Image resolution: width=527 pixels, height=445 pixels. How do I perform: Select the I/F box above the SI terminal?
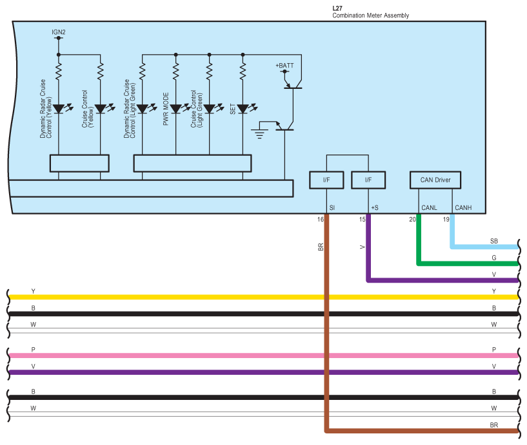pyautogui.click(x=326, y=180)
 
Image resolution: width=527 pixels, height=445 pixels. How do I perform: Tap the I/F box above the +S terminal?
pyautogui.click(x=368, y=180)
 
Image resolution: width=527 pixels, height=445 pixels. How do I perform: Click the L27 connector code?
pyautogui.click(x=337, y=8)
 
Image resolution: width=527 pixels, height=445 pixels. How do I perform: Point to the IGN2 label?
pyautogui.click(x=58, y=31)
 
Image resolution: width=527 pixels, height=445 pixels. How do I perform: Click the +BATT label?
pyautogui.click(x=284, y=66)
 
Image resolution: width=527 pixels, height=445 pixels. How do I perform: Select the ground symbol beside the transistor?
pyautogui.click(x=259, y=134)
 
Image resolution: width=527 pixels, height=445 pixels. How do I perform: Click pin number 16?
pyautogui.click(x=320, y=220)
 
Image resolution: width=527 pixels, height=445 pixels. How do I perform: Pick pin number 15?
pyautogui.click(x=362, y=220)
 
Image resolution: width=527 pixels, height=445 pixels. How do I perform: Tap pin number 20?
pyautogui.click(x=412, y=220)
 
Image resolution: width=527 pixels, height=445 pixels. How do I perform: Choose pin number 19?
pyautogui.click(x=445, y=220)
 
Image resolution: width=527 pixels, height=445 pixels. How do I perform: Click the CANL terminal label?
pyautogui.click(x=429, y=208)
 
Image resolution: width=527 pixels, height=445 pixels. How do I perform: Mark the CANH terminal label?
pyautogui.click(x=463, y=208)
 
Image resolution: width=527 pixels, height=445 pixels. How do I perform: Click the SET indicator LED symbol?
pyautogui.click(x=243, y=109)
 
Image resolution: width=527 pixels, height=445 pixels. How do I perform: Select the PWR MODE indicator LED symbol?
pyautogui.click(x=175, y=109)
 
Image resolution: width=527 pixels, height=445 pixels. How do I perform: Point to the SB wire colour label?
pyautogui.click(x=493, y=241)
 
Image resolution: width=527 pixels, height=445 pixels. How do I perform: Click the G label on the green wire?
pyautogui.click(x=493, y=258)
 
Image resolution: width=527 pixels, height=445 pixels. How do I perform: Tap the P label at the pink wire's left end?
pyautogui.click(x=34, y=350)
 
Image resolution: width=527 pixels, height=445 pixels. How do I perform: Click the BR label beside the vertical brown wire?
pyautogui.click(x=321, y=247)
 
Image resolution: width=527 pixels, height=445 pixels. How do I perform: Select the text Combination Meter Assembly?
pyautogui.click(x=370, y=15)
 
